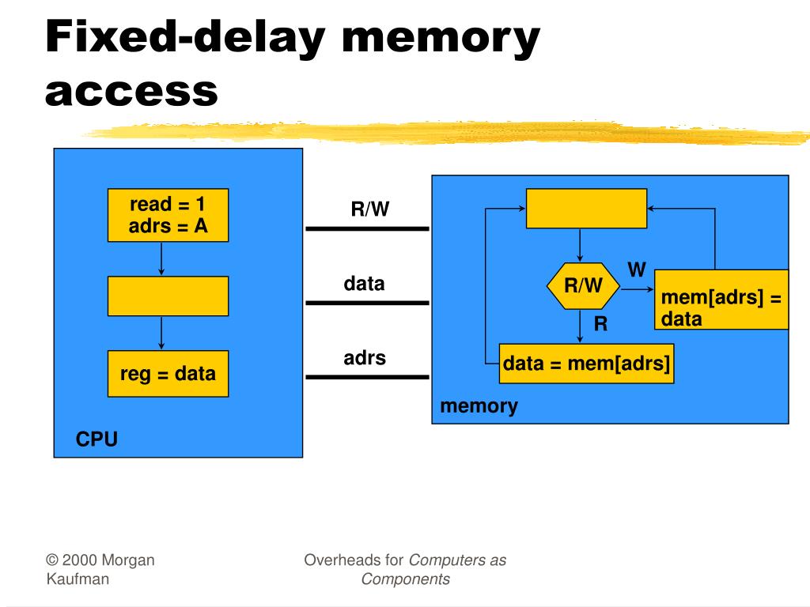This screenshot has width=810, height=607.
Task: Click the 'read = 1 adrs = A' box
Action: [168, 215]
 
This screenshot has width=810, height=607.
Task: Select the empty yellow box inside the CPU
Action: [168, 296]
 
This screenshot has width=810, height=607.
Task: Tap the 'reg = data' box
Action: [168, 374]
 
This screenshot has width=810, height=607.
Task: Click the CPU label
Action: [97, 439]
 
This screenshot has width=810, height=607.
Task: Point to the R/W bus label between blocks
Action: [370, 209]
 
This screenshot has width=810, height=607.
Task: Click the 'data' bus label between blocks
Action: [364, 284]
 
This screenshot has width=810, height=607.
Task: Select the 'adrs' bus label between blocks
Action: [365, 358]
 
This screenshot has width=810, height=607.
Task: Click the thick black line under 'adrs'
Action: [367, 377]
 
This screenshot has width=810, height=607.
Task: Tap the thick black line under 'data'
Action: [367, 303]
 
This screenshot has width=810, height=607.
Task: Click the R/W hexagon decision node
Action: [583, 286]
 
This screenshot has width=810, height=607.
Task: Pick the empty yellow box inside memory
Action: [586, 209]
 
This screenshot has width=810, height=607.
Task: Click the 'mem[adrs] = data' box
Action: [721, 300]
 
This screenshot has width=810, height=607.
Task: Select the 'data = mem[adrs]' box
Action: [586, 364]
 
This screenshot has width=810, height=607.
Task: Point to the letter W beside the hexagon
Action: [637, 270]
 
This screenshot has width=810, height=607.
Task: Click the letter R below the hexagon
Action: [601, 323]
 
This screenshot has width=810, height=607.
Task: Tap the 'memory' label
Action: [479, 406]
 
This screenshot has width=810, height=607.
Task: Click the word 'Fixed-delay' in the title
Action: [185, 37]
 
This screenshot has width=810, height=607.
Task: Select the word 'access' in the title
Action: [132, 92]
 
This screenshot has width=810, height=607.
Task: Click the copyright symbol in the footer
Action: [52, 560]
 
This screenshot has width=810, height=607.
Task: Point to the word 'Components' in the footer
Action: [406, 579]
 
